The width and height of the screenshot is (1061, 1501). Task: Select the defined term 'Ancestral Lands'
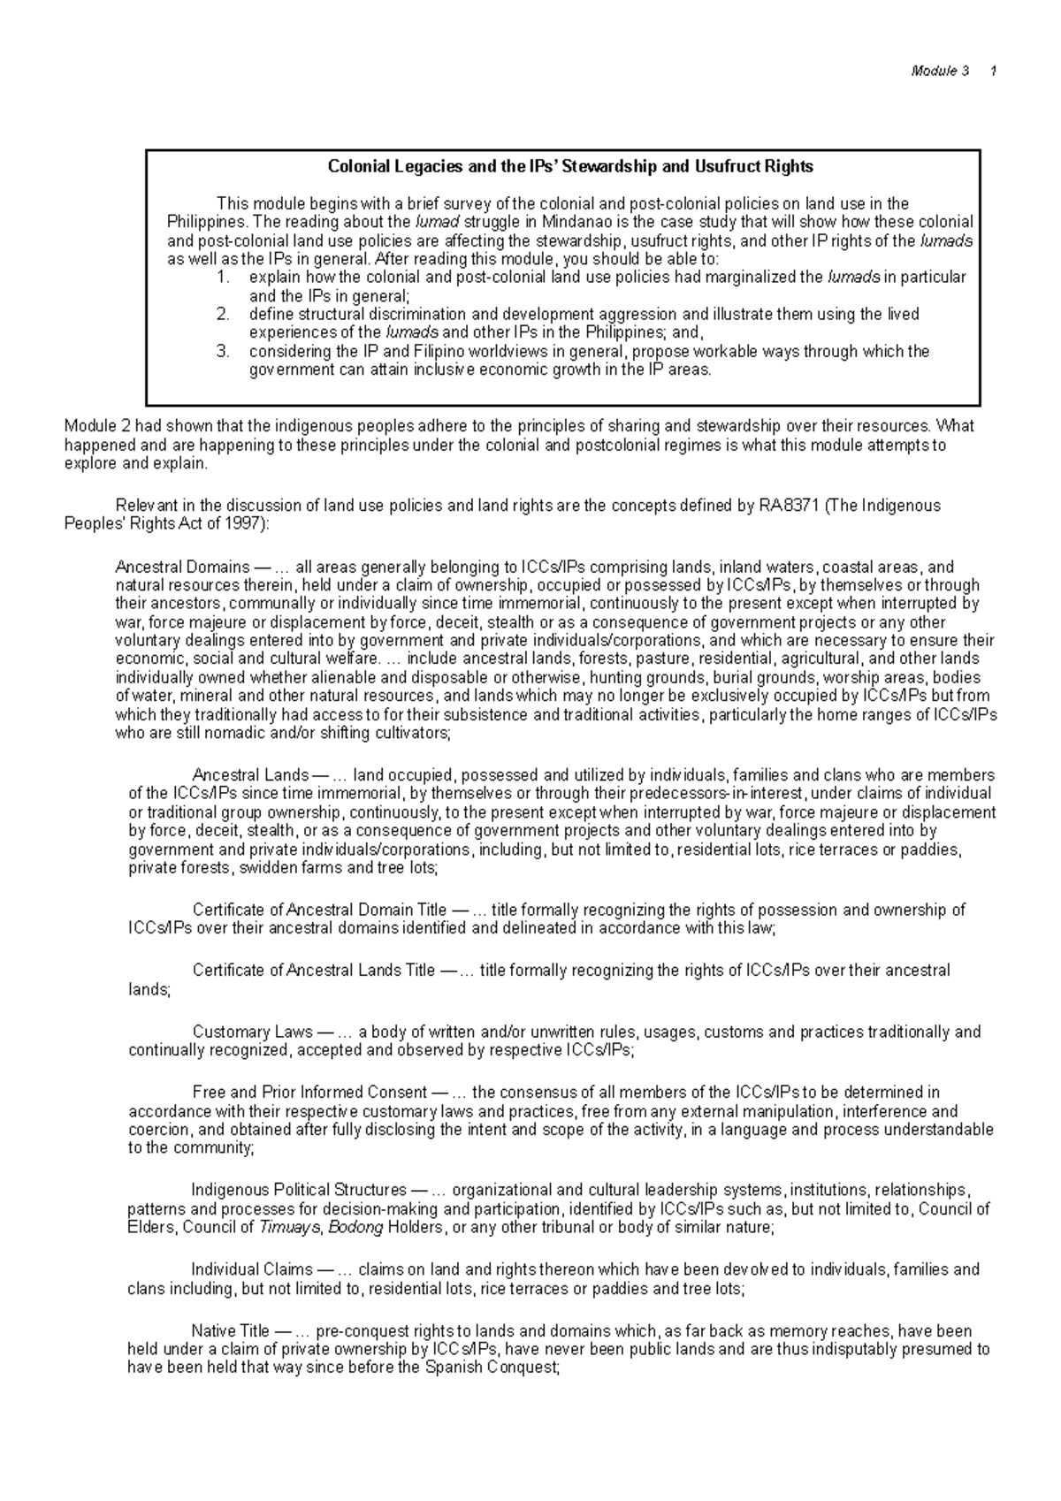[250, 775]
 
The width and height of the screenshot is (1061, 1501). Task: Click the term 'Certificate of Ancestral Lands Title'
[314, 971]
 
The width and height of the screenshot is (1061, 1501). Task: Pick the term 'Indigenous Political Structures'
[299, 1190]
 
